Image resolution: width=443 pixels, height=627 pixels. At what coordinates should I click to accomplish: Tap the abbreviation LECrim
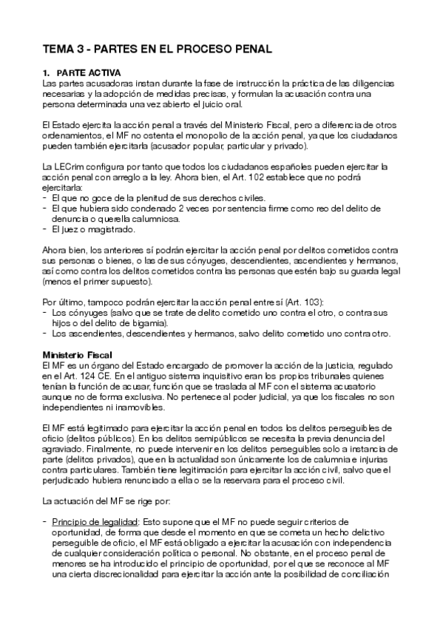(x=70, y=168)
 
